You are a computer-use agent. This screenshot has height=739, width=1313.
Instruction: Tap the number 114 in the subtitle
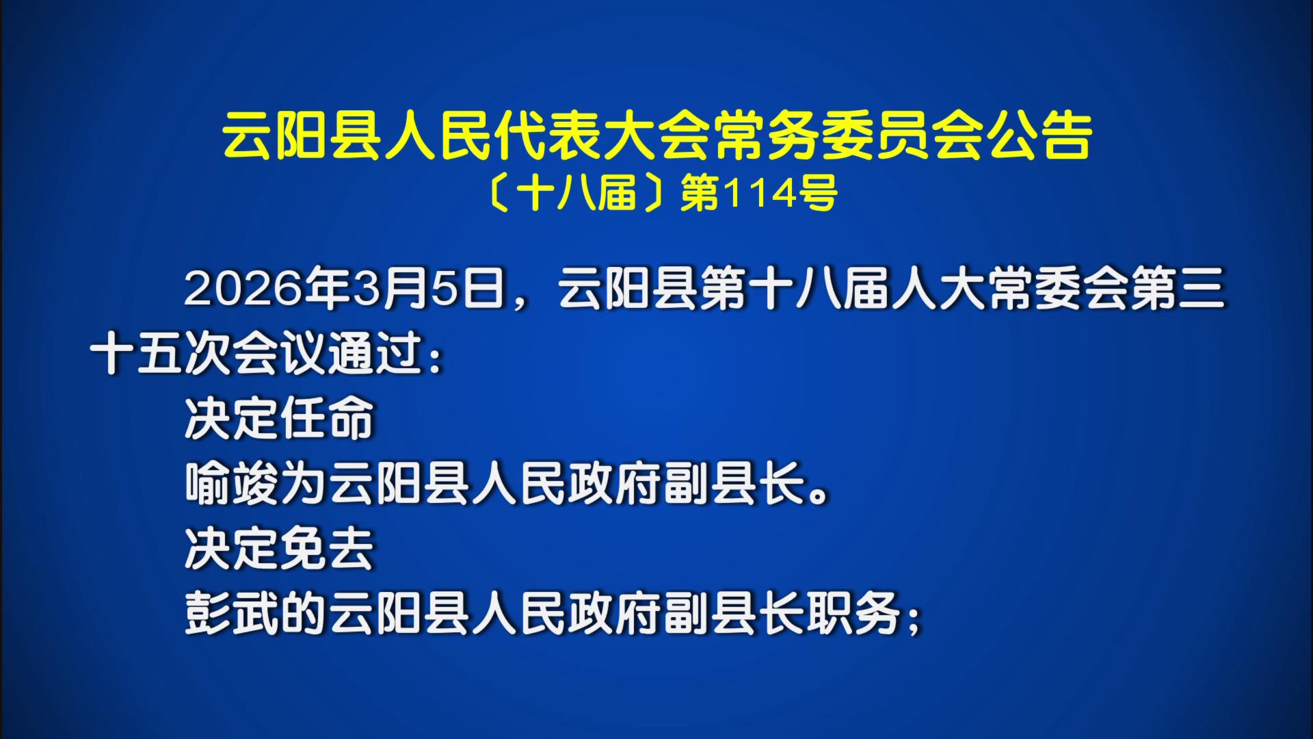point(760,194)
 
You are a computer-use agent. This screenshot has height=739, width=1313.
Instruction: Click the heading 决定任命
point(280,417)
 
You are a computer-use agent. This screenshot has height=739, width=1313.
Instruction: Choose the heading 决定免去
point(280,548)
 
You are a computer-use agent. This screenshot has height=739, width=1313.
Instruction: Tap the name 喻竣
point(233,483)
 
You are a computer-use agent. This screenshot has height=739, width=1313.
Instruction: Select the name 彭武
point(233,613)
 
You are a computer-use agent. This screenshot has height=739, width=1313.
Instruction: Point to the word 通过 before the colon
point(375,354)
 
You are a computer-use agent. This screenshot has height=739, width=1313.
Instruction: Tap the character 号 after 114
point(817,194)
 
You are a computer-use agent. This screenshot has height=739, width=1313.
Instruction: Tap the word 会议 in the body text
point(280,354)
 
